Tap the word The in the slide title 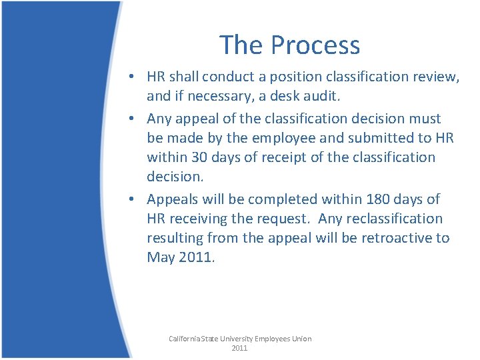coord(244,45)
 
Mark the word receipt coord(283,157)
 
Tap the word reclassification coord(393,218)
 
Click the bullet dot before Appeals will coord(134,199)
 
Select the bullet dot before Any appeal coord(134,119)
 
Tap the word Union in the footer coord(299,339)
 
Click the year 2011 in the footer coord(239,348)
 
